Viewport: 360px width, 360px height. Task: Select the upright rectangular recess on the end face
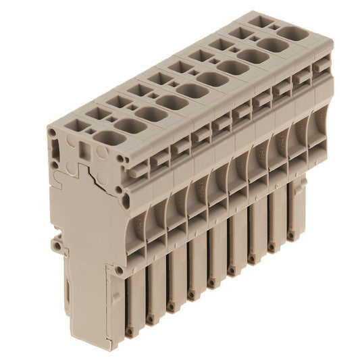[x=84, y=149]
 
